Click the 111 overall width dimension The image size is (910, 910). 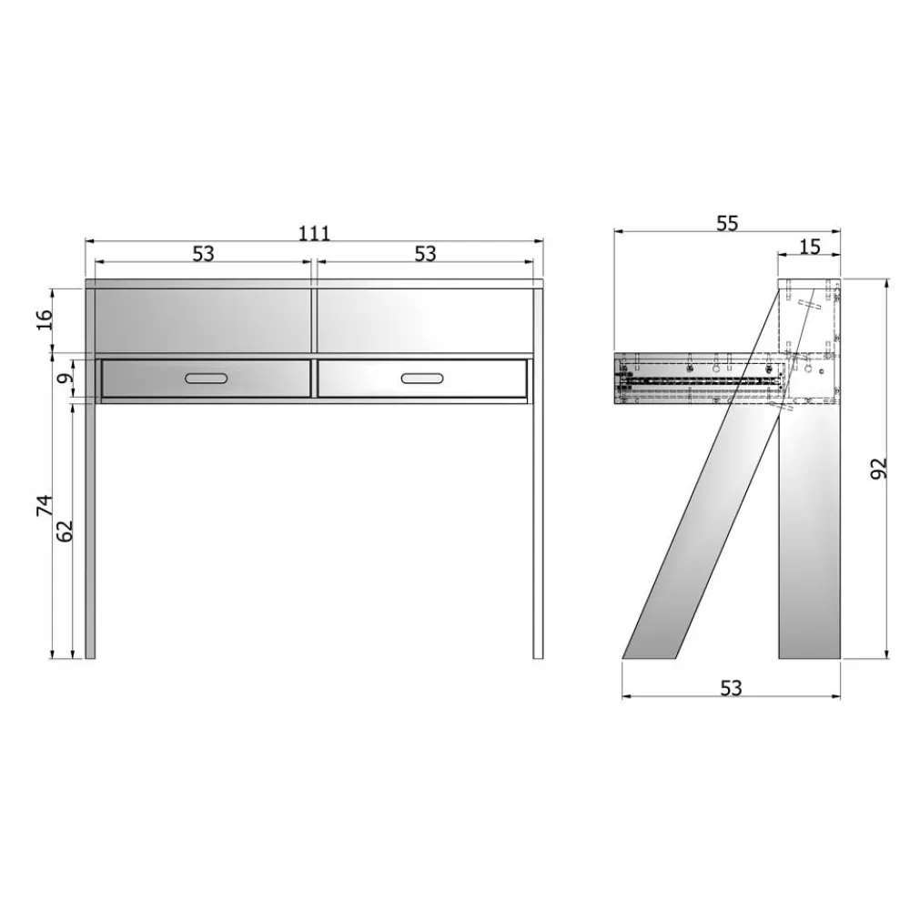pyautogui.click(x=314, y=233)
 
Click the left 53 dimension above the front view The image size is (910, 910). pyautogui.click(x=203, y=254)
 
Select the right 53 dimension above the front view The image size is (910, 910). pyautogui.click(x=425, y=254)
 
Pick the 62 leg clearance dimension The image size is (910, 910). pyautogui.click(x=65, y=530)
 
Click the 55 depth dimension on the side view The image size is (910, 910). pyautogui.click(x=726, y=223)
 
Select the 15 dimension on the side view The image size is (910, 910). pyautogui.click(x=809, y=246)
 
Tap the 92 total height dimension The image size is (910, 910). pyautogui.click(x=877, y=468)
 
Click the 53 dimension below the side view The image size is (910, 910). pyautogui.click(x=731, y=689)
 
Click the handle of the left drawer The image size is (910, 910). pyautogui.click(x=206, y=379)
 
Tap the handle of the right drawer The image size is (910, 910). pyautogui.click(x=422, y=379)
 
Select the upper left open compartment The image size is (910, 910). pyautogui.click(x=203, y=320)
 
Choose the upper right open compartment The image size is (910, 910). pyautogui.click(x=423, y=320)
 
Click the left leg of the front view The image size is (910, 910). pyautogui.click(x=90, y=528)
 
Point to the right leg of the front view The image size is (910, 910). pyautogui.click(x=538, y=528)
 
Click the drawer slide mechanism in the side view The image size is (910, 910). pyautogui.click(x=701, y=381)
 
